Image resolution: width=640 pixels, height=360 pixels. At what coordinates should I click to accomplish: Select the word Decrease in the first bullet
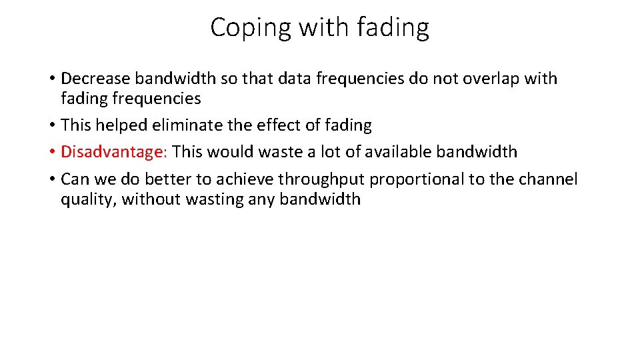click(96, 79)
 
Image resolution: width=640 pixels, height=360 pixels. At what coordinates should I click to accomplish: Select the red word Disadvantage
click(111, 152)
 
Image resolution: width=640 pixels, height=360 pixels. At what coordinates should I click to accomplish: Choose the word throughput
click(321, 179)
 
